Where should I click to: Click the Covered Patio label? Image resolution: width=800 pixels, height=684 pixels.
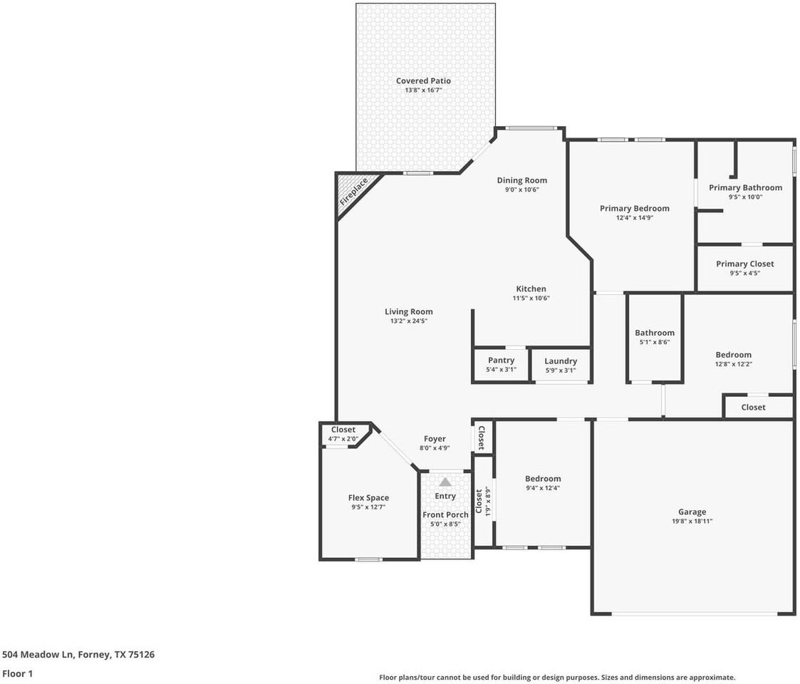point(423,81)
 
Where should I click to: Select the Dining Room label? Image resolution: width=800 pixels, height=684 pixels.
point(521,180)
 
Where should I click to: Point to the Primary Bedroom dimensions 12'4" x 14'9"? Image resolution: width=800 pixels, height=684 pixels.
point(634,218)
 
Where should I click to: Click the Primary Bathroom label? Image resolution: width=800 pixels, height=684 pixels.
point(745,188)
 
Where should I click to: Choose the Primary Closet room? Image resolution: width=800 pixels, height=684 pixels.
point(744,268)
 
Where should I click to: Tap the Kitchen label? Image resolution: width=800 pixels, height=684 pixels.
point(531,289)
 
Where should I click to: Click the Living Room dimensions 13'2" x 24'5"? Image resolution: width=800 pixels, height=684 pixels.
point(408,321)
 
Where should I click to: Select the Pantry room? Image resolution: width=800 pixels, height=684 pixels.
point(501,365)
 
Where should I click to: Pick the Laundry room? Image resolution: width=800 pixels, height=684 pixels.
point(560,365)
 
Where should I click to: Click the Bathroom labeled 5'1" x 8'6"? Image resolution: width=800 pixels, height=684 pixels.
point(654,337)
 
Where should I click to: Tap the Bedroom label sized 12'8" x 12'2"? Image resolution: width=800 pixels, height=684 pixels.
point(733,355)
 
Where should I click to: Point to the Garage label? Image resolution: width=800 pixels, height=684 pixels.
point(692,512)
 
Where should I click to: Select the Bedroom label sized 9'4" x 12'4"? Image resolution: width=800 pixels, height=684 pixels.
point(543,479)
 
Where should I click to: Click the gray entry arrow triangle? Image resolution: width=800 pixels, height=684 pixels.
point(445,482)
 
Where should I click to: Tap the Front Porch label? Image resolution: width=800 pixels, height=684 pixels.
point(445,514)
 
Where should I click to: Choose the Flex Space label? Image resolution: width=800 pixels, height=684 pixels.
point(368,498)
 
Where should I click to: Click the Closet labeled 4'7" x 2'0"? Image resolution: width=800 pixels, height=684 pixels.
point(343,434)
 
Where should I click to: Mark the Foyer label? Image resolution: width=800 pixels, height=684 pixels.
point(435,439)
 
